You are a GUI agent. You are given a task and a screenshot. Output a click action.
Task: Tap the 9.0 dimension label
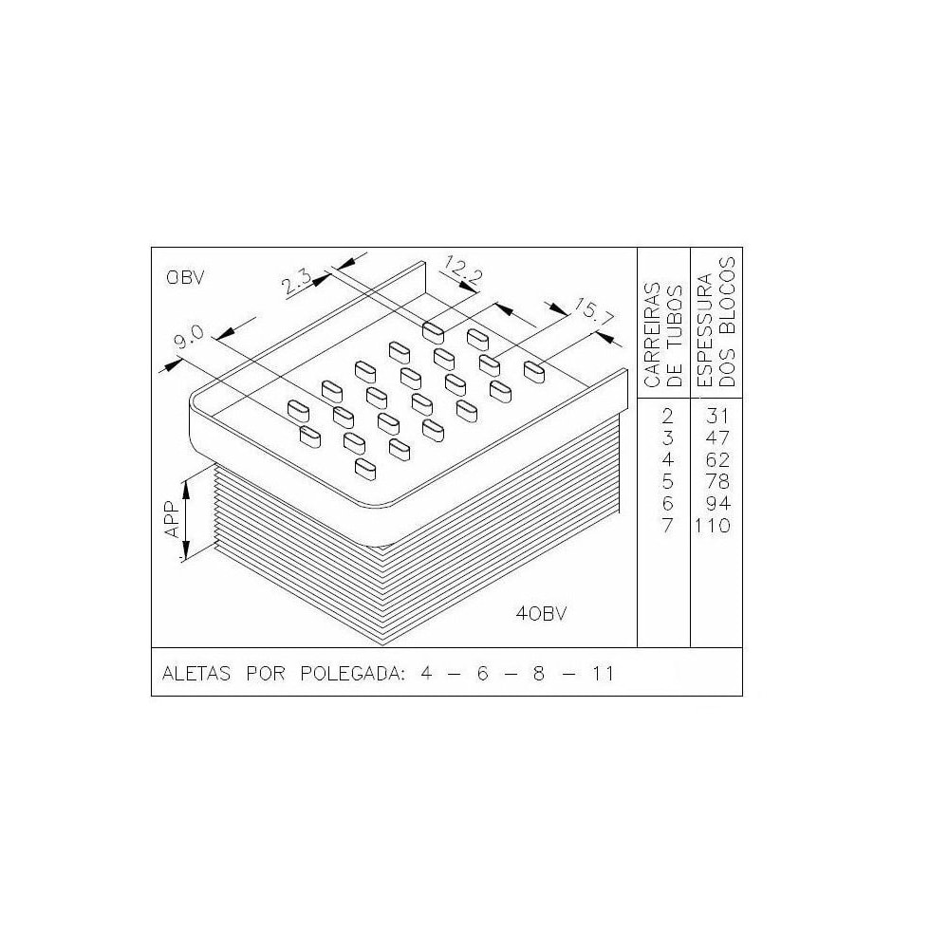190,336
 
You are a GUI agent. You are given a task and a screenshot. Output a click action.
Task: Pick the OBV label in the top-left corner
186,278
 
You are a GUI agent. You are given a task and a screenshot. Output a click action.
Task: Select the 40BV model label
541,613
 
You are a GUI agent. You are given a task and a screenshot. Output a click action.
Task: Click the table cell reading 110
712,526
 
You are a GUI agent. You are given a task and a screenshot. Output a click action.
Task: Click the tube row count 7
667,526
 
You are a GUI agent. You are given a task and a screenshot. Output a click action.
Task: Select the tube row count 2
667,416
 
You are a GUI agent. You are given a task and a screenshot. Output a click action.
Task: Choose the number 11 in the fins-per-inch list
600,674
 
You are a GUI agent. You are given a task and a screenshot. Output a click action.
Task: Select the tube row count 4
667,459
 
